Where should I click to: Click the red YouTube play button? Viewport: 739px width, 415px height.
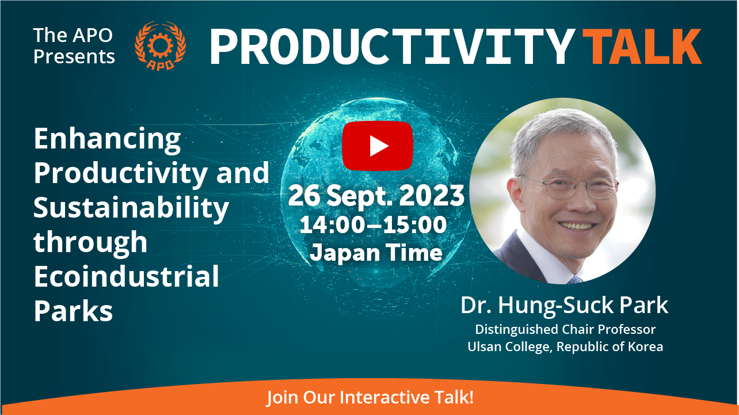pyautogui.click(x=378, y=146)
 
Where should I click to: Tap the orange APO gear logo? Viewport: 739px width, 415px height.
pyautogui.click(x=161, y=45)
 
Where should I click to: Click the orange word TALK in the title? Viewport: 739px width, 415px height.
pyautogui.click(x=642, y=46)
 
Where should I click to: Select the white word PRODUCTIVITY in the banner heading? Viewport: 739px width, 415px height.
pyautogui.click(x=392, y=46)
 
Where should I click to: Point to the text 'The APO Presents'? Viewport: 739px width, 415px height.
pyautogui.click(x=74, y=45)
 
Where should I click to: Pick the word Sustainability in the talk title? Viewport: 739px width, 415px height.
pyautogui.click(x=131, y=208)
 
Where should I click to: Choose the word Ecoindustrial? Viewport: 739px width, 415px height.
pyautogui.click(x=127, y=276)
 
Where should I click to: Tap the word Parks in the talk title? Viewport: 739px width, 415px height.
pyautogui.click(x=73, y=311)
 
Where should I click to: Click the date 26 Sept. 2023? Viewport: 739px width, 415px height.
pyautogui.click(x=376, y=196)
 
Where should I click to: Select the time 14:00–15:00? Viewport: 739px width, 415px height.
pyautogui.click(x=373, y=225)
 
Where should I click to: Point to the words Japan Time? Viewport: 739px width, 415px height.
pyautogui.click(x=376, y=253)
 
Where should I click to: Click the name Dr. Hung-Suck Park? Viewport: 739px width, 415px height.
pyautogui.click(x=565, y=306)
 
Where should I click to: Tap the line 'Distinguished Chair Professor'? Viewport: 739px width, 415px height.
pyautogui.click(x=565, y=329)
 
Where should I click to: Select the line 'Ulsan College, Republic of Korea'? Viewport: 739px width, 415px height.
pyautogui.click(x=565, y=347)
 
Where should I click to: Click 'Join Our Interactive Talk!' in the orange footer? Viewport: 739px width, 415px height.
pyautogui.click(x=370, y=397)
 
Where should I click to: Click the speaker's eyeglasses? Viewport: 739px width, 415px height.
pyautogui.click(x=568, y=186)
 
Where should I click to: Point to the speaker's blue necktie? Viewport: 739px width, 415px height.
pyautogui.click(x=575, y=280)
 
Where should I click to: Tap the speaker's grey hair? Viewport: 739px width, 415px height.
pyautogui.click(x=561, y=132)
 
